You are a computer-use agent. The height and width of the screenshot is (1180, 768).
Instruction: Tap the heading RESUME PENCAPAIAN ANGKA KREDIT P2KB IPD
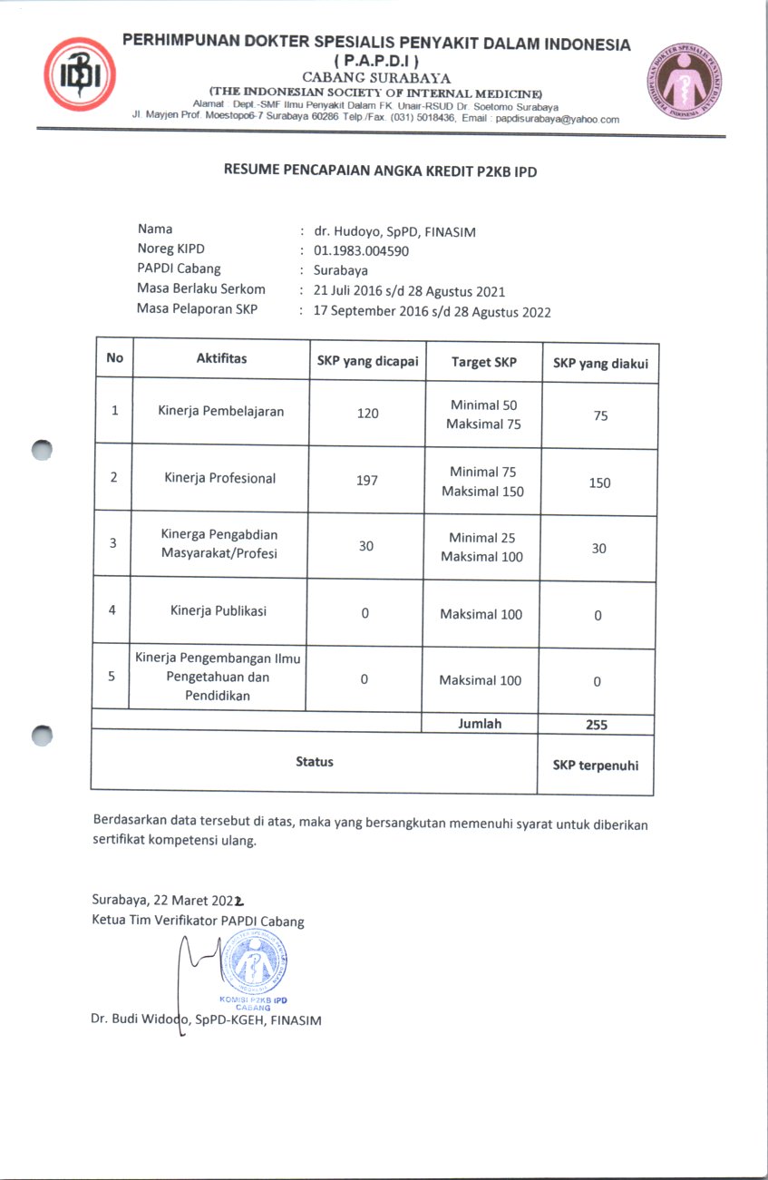coord(381,170)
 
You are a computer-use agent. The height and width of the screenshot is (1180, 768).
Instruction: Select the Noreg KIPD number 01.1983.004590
coord(361,249)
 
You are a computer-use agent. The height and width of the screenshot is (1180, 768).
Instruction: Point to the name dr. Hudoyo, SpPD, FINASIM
coord(394,231)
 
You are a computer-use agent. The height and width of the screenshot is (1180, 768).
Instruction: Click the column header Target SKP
coord(484,362)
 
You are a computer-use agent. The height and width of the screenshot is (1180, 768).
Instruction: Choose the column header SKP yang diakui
coord(600,364)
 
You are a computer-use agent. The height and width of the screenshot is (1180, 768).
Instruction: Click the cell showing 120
coord(367,414)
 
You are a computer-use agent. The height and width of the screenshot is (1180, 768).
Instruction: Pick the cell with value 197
coord(366,480)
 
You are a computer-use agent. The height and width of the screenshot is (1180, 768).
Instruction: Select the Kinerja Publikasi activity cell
coord(219,610)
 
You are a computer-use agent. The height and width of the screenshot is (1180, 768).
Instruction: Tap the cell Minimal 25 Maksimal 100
coord(481,547)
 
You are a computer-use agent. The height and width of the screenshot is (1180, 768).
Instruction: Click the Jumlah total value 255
coord(597,725)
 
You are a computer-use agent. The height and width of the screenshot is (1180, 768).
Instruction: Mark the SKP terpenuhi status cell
coord(596,765)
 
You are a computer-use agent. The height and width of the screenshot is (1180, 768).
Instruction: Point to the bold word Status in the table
coord(315,762)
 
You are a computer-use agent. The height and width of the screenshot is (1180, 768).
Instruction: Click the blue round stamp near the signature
coord(254,964)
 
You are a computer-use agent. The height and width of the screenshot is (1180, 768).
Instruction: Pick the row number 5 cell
coord(112,676)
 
